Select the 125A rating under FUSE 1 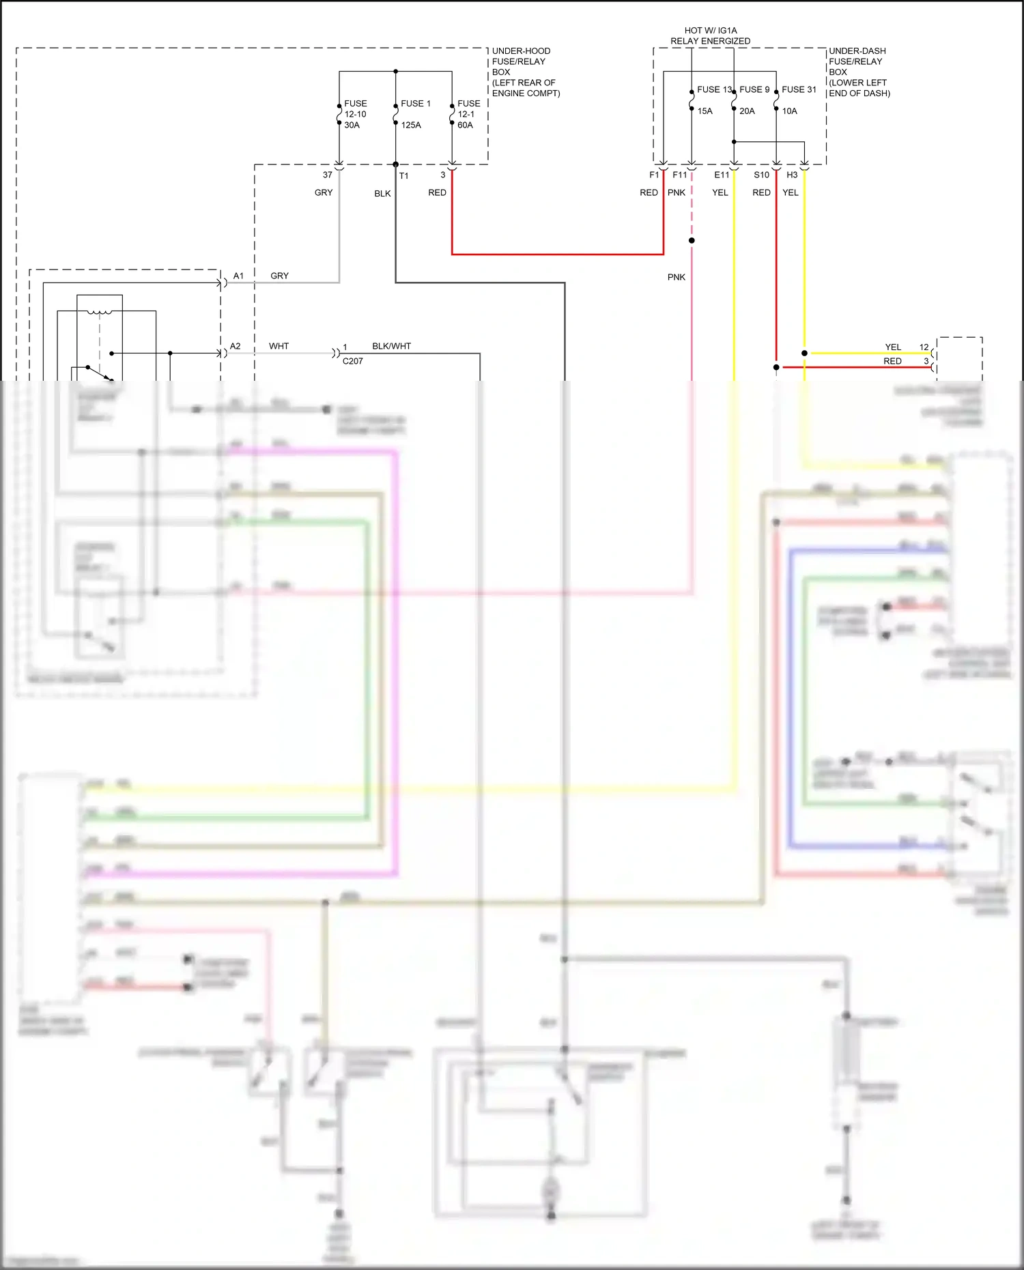coord(411,125)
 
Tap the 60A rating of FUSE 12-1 coord(465,125)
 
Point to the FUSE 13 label coord(714,89)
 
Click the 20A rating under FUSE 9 coord(747,111)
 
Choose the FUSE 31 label coord(799,89)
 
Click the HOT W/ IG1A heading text coord(710,31)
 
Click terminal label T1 coord(404,176)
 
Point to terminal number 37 coord(328,175)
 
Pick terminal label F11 coord(680,175)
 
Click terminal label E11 coord(722,175)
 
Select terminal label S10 coord(761,175)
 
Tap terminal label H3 coord(792,175)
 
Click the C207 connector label coord(352,361)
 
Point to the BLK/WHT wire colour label coord(391,346)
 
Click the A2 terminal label coord(235,346)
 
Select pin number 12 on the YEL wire coord(924,347)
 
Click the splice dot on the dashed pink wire coord(692,240)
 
